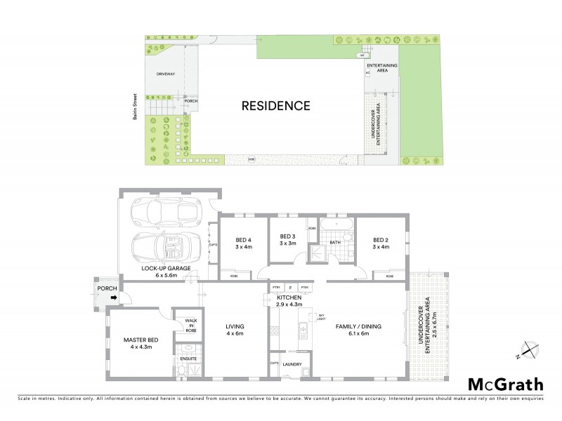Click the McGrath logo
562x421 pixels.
tap(506, 384)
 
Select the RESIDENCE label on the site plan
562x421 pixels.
tap(275, 106)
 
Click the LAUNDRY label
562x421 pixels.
tap(292, 364)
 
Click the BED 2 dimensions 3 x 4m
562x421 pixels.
tap(381, 246)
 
